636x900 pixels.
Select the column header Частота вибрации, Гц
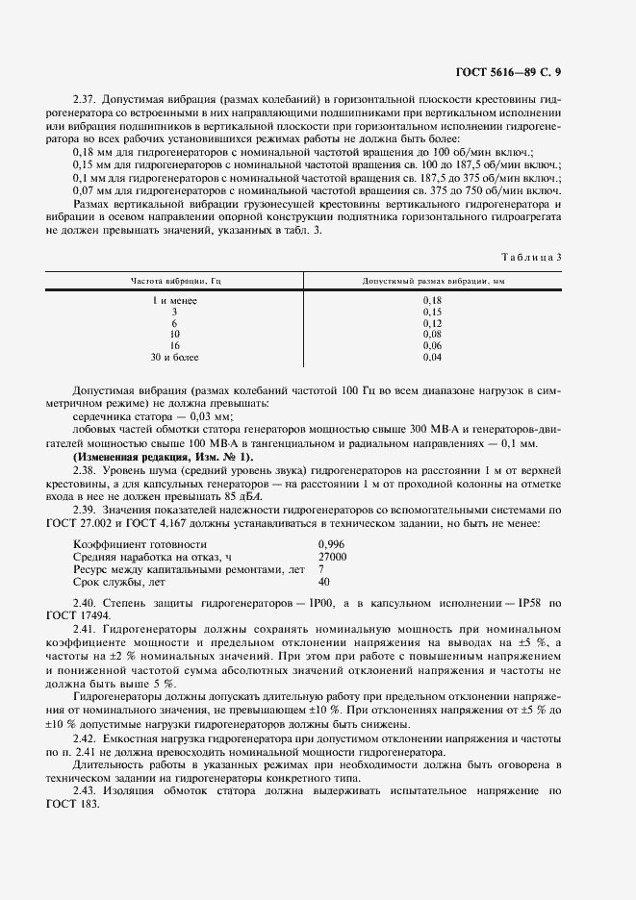pyautogui.click(x=174, y=281)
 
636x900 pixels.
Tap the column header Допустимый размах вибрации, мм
pyautogui.click(x=432, y=281)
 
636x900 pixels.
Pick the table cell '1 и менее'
pyautogui.click(x=174, y=301)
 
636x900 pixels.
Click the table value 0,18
pyautogui.click(x=432, y=301)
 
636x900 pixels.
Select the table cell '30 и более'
pyautogui.click(x=174, y=357)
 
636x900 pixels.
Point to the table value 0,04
pyautogui.click(x=432, y=357)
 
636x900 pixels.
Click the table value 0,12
pyautogui.click(x=432, y=323)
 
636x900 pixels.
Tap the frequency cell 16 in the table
pyautogui.click(x=174, y=345)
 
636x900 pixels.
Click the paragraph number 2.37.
pyautogui.click(x=85, y=100)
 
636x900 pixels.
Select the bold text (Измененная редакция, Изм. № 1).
pyautogui.click(x=163, y=457)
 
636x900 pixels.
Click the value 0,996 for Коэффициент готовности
pyautogui.click(x=332, y=544)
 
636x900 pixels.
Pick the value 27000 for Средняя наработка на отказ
pyautogui.click(x=332, y=557)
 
